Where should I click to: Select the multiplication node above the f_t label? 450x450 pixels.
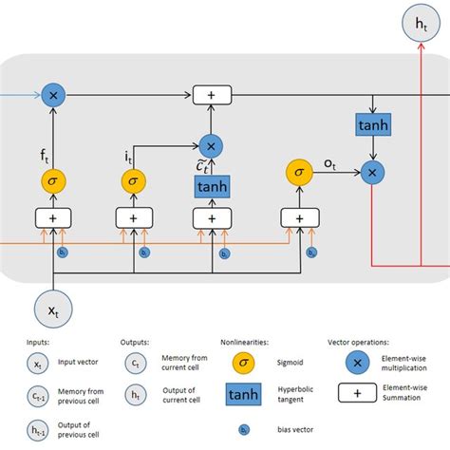pos(54,95)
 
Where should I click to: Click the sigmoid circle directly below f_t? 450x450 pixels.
pos(54,180)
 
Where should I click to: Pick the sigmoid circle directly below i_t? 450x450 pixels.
pos(133,180)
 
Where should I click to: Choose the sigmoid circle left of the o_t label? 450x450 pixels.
pos(299,172)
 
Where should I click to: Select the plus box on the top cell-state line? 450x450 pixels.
pos(210,95)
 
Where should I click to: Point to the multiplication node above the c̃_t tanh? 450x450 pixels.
pos(210,145)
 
